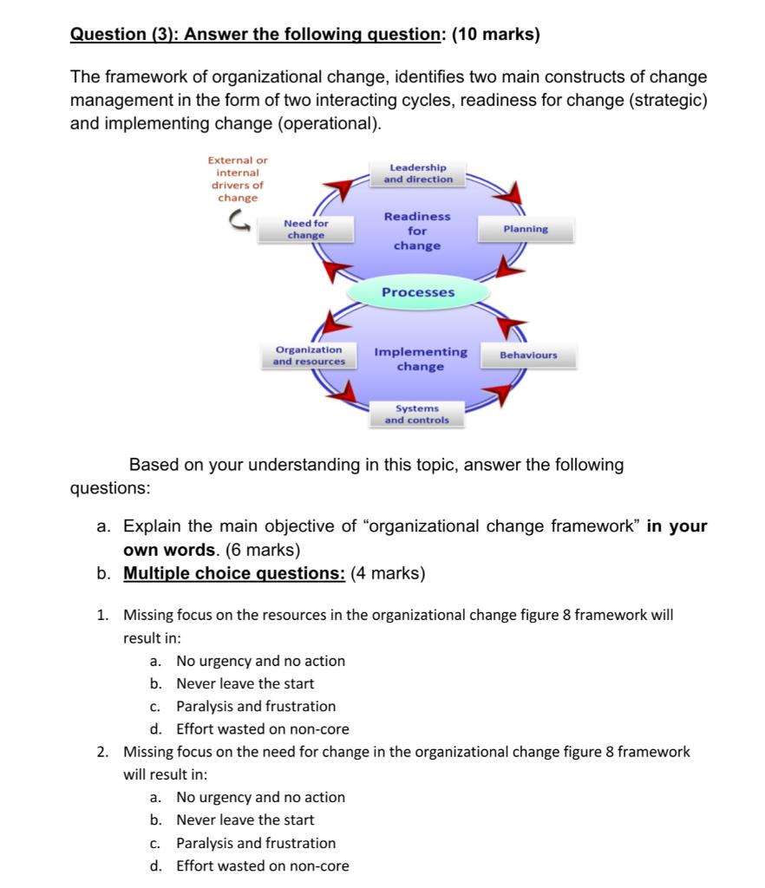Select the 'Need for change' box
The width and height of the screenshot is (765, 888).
(306, 229)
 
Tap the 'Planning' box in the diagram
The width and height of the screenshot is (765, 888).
(526, 229)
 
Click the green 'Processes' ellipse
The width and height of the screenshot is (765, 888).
(418, 292)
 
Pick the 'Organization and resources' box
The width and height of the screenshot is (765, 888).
(309, 356)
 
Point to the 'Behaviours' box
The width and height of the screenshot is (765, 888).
(528, 356)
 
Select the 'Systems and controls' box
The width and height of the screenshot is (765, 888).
(417, 414)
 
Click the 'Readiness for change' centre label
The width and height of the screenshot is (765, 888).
(417, 231)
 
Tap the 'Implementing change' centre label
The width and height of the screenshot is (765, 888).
(421, 359)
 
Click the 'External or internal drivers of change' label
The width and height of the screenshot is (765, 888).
(238, 179)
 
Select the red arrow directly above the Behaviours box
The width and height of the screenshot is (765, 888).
(512, 327)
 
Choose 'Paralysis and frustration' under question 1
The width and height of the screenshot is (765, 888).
(256, 706)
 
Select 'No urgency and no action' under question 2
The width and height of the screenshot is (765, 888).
(260, 797)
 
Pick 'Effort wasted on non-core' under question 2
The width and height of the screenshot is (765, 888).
(263, 865)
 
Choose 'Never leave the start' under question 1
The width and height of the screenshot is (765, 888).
(245, 683)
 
